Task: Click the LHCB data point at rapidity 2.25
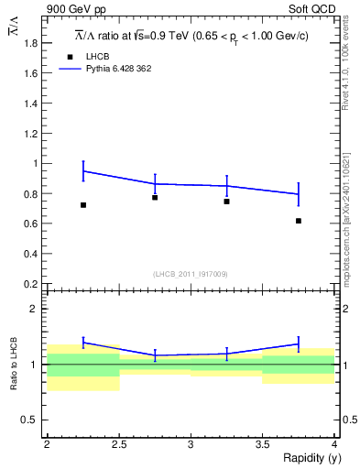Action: [83, 205]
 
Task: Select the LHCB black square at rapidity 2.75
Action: [155, 197]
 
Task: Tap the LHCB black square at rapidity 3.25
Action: [226, 201]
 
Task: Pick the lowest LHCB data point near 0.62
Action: [299, 221]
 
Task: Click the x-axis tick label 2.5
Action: [119, 444]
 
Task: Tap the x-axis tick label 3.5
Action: [262, 444]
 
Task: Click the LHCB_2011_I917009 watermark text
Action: [190, 273]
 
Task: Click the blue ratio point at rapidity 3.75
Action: [299, 344]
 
